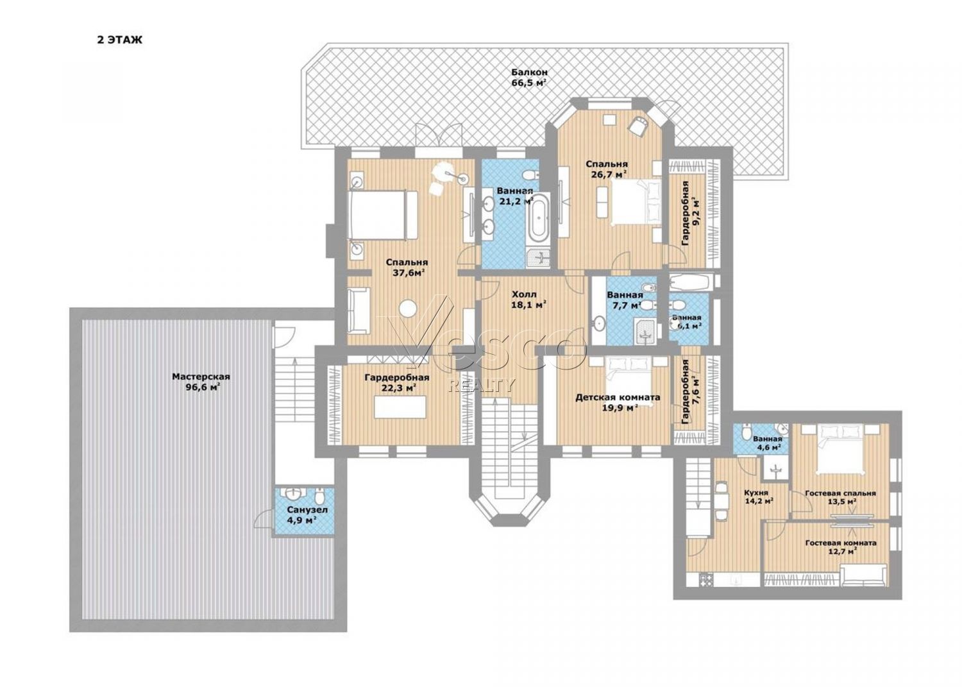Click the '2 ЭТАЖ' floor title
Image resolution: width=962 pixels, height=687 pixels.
click(120, 40)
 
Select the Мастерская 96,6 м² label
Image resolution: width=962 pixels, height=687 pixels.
click(201, 382)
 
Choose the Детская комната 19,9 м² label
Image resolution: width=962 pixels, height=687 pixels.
click(618, 403)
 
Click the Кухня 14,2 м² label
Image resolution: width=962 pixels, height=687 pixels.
click(759, 496)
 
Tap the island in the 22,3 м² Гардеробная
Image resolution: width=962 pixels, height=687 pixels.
click(400, 407)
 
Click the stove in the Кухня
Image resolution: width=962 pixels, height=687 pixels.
click(707, 580)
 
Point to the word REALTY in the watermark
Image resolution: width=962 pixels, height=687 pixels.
click(482, 386)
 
